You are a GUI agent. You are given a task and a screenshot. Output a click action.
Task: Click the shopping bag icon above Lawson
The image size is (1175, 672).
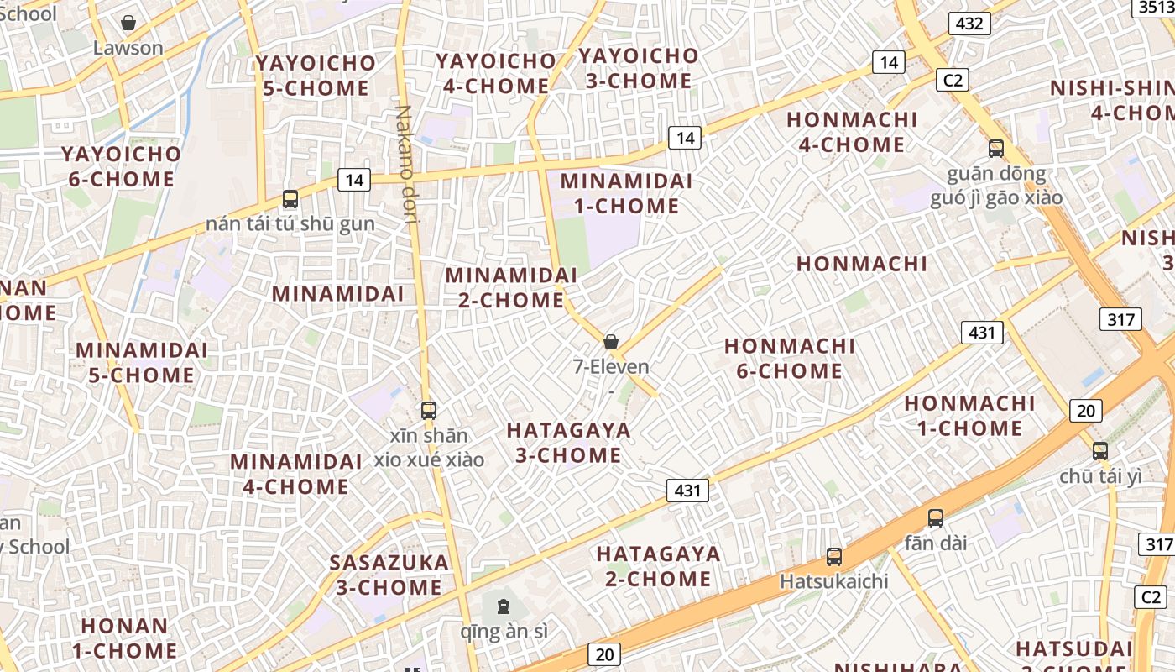[128, 23]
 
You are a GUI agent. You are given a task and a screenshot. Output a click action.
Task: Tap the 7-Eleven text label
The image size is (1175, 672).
[611, 366]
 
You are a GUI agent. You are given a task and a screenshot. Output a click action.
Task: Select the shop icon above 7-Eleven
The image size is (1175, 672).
[611, 342]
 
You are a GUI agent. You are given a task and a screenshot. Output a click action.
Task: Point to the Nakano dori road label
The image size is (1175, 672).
[405, 165]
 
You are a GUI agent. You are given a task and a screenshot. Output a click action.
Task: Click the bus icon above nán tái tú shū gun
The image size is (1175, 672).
[290, 199]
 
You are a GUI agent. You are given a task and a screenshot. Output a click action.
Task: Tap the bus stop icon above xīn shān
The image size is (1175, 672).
[429, 411]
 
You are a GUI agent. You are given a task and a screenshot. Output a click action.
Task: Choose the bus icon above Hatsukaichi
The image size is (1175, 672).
[833, 556]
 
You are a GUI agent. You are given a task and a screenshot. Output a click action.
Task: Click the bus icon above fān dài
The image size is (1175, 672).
[936, 518]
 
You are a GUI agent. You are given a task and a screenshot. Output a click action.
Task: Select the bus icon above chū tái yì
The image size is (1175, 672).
[1100, 451]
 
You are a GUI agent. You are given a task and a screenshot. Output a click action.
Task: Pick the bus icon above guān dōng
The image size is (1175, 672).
[996, 149]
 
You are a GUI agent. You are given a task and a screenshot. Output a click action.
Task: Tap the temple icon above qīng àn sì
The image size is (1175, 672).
[504, 606]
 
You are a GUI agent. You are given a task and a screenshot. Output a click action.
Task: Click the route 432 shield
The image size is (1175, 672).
[969, 24]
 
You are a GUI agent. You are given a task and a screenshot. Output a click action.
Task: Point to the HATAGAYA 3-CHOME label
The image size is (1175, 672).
[568, 443]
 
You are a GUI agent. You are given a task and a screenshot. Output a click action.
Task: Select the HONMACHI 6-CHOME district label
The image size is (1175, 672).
[790, 359]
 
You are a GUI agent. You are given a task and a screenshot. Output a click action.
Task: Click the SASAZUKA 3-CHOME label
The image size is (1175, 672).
[389, 575]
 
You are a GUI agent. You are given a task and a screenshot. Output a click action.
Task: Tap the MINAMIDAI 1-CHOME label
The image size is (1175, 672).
[626, 193]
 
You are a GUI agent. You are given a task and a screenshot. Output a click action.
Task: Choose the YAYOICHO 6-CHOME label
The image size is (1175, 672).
[121, 166]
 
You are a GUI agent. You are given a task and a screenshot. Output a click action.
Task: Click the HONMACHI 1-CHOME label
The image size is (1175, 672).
[969, 416]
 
